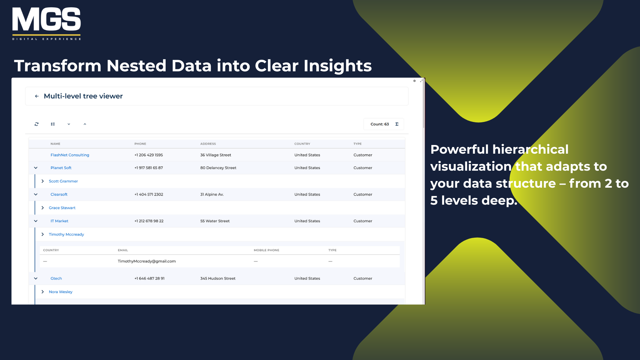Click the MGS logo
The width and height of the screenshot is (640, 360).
[46, 24]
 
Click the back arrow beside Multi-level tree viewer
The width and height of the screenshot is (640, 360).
[37, 96]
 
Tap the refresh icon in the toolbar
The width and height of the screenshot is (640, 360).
[37, 124]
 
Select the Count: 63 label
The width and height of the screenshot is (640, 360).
[380, 124]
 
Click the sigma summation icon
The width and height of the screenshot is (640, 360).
[397, 124]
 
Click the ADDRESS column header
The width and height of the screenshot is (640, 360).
[208, 144]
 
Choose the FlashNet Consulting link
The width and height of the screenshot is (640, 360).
[70, 155]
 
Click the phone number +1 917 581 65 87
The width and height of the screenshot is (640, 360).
[149, 168]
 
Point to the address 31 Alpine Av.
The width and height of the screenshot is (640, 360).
[212, 195]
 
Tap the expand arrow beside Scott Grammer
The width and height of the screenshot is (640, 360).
[43, 181]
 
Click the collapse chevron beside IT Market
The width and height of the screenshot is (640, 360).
[36, 221]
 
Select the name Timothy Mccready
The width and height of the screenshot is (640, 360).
[66, 235]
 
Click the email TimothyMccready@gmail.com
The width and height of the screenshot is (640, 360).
[147, 261]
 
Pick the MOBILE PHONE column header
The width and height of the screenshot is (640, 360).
[266, 250]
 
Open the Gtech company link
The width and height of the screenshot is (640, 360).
[56, 279]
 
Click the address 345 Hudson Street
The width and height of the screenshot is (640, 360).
[218, 279]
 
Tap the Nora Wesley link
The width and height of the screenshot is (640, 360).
[61, 292]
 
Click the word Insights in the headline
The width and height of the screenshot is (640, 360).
[338, 66]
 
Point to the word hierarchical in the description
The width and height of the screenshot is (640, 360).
[530, 150]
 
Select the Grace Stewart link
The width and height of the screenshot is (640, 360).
[62, 208]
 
